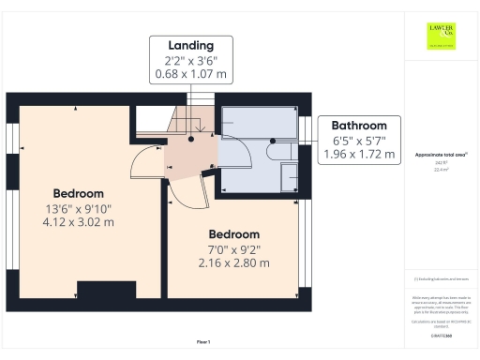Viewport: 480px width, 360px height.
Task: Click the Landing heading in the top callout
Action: click(x=190, y=45)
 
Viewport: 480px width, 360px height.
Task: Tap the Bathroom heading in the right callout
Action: click(x=360, y=126)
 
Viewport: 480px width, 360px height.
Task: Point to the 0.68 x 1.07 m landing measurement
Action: click(x=190, y=73)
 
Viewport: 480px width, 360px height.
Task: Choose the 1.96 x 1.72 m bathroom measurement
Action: click(x=360, y=154)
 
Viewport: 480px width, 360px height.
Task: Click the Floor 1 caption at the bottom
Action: click(x=203, y=341)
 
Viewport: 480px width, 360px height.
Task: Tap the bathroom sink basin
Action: click(x=289, y=174)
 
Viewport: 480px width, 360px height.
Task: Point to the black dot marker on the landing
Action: click(x=190, y=140)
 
